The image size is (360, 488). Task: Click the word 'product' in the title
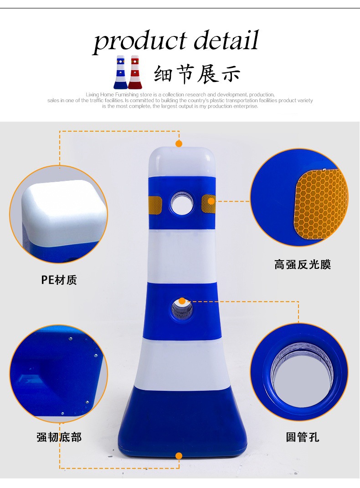(x=139, y=42)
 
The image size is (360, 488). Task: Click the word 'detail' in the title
(x=226, y=40)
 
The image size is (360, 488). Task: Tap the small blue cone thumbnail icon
(x=120, y=72)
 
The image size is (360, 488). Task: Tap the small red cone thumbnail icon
(x=135, y=72)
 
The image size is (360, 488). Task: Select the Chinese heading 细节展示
(x=197, y=74)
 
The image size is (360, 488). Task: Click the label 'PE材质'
(x=59, y=280)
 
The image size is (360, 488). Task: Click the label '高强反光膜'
(x=303, y=265)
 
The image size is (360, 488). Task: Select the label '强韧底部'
(x=59, y=437)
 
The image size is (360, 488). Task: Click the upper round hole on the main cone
(x=181, y=204)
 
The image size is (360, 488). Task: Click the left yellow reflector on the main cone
(x=155, y=204)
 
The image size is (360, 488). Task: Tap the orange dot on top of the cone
(x=179, y=144)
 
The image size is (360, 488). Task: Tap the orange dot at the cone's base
(x=179, y=456)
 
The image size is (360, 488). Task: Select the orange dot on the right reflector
(x=211, y=201)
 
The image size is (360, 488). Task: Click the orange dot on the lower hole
(x=182, y=301)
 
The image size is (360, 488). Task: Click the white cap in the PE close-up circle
(x=64, y=213)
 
